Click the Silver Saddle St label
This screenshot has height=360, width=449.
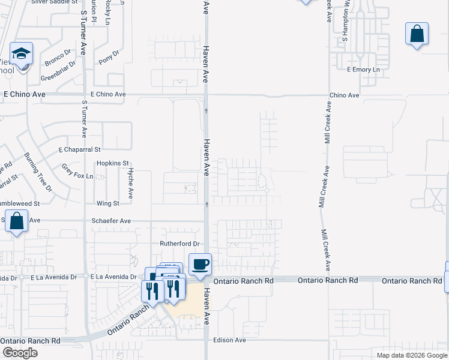point(55,2)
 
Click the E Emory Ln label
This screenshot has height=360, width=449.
point(364,70)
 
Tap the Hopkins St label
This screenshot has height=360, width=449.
point(113,163)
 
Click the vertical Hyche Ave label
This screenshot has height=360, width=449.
point(130,183)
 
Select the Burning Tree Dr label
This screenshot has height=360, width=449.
point(38,173)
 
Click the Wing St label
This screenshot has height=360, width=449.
point(109,204)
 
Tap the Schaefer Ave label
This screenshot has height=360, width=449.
point(111,221)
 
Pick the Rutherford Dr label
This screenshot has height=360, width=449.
point(178,244)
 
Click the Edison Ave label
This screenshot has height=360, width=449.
point(229,340)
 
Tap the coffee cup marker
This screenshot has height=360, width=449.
point(200,264)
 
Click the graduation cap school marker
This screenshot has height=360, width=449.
point(22,54)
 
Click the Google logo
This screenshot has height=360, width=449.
point(19,353)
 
